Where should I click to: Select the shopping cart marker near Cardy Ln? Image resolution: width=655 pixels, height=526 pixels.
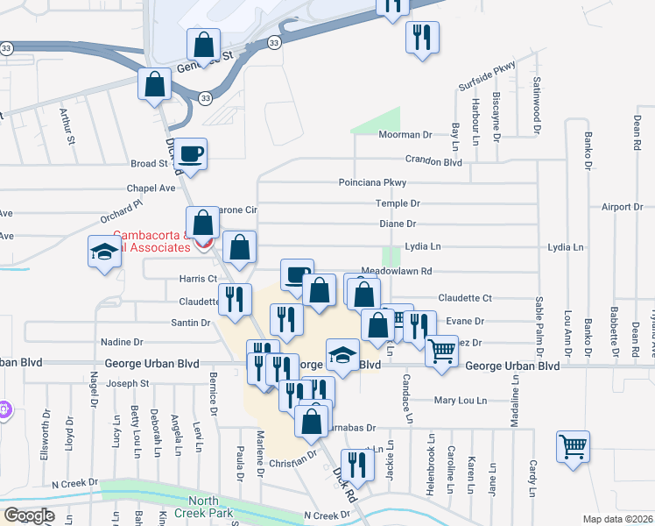tap(573, 446)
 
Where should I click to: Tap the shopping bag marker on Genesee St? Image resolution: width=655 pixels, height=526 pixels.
tap(203, 44)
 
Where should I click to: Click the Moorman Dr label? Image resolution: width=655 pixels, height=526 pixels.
tap(405, 135)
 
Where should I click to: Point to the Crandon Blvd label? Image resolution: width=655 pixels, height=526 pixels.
tap(433, 160)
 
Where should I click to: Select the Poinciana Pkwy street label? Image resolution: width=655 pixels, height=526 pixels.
tap(374, 182)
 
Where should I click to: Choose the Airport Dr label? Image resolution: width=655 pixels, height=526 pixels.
tap(623, 207)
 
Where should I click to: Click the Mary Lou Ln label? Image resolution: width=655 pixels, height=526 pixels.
tap(461, 401)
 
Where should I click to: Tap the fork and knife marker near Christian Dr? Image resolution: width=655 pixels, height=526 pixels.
tap(355, 464)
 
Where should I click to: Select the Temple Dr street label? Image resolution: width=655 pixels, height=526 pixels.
tap(399, 203)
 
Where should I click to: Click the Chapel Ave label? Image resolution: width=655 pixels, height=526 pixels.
tap(153, 188)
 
